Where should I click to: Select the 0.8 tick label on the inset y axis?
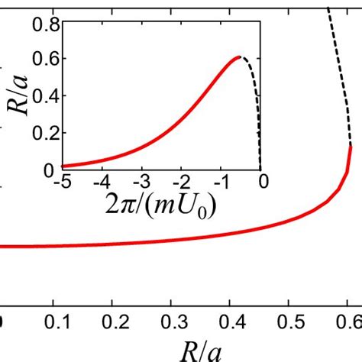pos(47,23)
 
